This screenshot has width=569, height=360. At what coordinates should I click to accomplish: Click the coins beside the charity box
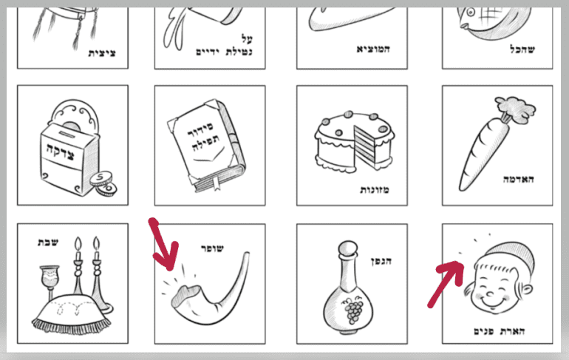104,184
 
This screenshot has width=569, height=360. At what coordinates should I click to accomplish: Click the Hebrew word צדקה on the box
61,152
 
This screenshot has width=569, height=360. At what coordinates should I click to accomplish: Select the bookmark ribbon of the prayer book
217,183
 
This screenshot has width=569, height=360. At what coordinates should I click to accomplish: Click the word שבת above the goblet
48,242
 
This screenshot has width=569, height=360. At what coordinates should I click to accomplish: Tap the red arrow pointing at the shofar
163,244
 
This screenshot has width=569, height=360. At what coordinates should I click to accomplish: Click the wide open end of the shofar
185,296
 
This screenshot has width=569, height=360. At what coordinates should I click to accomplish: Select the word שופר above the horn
213,248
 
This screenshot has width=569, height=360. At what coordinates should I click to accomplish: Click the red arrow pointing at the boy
446,283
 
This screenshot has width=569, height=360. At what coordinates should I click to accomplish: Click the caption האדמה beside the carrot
518,180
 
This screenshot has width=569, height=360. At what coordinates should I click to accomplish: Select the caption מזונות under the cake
374,190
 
